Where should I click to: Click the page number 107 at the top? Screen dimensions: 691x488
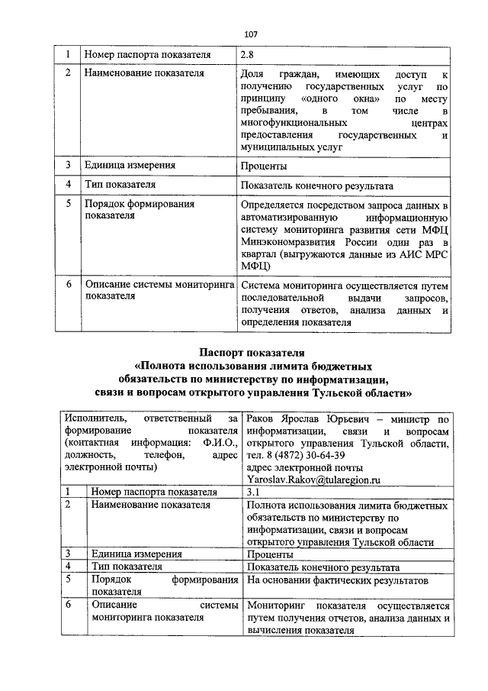pyautogui.click(x=251, y=34)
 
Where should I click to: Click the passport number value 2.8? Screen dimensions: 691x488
pyautogui.click(x=247, y=55)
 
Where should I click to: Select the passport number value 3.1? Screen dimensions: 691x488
pyautogui.click(x=255, y=492)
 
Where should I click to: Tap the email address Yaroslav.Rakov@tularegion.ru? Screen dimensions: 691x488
pyautogui.click(x=313, y=479)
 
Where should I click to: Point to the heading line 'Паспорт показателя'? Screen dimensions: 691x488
pyautogui.click(x=252, y=353)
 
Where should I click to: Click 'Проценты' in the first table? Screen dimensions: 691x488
pyautogui.click(x=263, y=166)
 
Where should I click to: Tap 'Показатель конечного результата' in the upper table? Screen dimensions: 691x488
pyautogui.click(x=317, y=186)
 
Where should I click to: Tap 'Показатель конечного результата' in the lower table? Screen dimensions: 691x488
pyautogui.click(x=323, y=567)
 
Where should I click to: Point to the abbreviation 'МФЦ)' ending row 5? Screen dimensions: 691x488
pyautogui.click(x=255, y=266)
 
